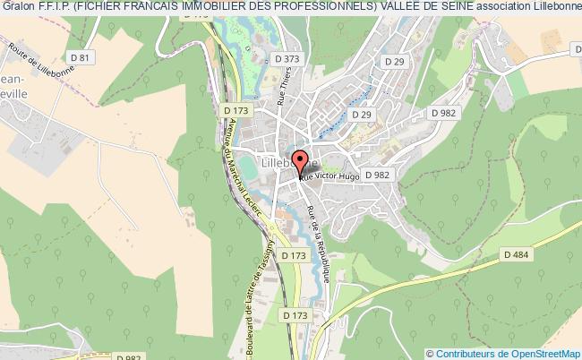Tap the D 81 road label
coord(84,58)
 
